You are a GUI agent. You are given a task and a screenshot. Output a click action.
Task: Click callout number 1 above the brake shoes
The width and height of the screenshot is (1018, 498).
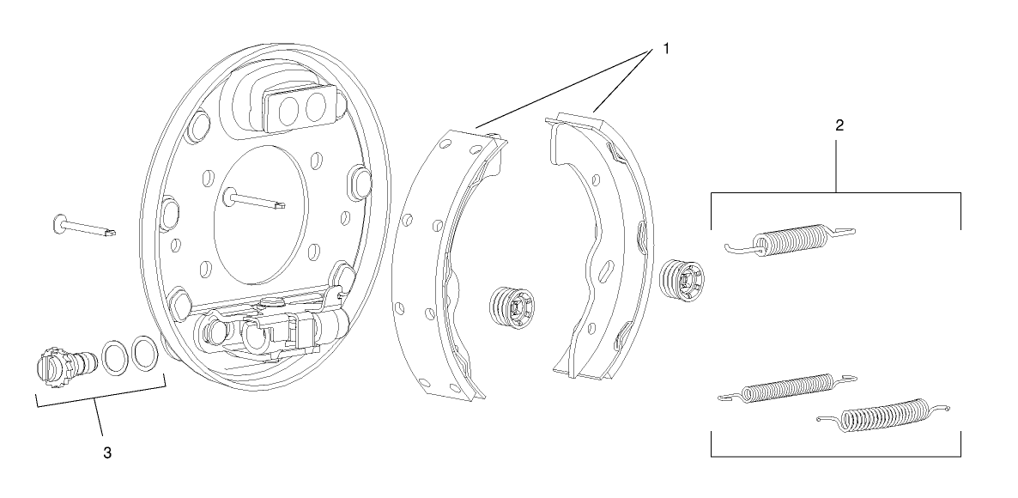tap(664, 49)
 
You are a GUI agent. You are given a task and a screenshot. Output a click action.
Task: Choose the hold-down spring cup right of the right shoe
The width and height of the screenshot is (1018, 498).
tap(685, 280)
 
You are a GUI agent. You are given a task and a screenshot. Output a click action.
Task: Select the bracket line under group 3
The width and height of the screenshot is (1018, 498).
tap(100, 404)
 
